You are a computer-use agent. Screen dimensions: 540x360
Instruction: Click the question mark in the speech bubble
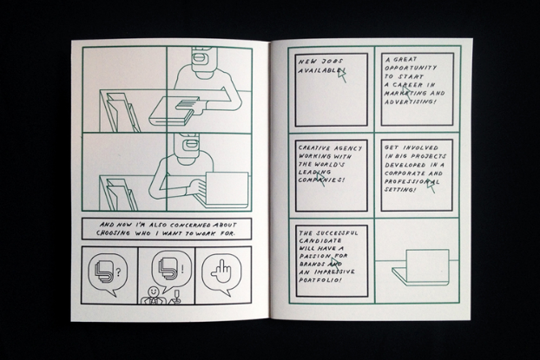(118, 273)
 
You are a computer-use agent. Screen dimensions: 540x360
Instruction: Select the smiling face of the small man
(153, 291)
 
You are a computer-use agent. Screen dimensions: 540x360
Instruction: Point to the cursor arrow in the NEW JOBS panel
(342, 75)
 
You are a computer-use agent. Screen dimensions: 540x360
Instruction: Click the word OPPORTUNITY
(411, 68)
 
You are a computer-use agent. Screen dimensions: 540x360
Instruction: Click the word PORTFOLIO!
(320, 280)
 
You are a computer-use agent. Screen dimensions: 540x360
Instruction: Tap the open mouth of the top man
(200, 59)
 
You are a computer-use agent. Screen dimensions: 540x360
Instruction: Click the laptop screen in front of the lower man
(227, 188)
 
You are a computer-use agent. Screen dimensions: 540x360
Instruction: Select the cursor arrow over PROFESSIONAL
(431, 186)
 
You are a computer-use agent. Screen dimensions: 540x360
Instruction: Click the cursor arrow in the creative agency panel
(320, 179)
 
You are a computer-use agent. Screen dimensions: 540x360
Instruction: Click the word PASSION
(315, 257)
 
